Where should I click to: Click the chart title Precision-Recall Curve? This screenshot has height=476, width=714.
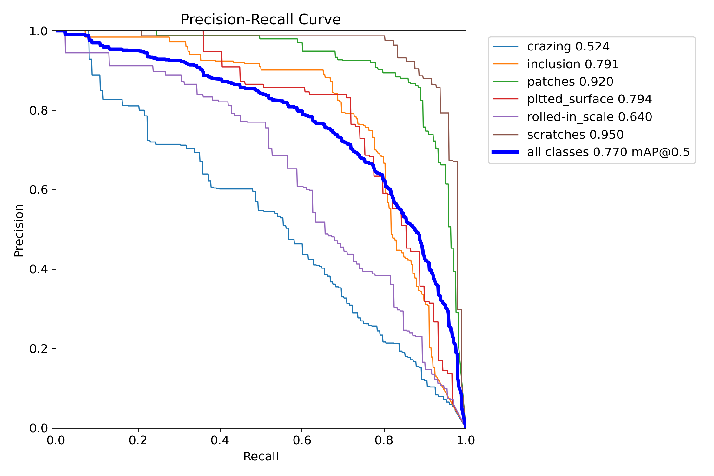point(261,20)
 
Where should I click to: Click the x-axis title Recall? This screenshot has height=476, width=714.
point(261,456)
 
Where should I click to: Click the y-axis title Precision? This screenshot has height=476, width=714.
point(19,230)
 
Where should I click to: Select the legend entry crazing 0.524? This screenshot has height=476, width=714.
point(568,47)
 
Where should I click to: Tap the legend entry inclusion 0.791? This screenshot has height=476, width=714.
point(573,64)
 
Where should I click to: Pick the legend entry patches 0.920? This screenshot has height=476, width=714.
point(570,82)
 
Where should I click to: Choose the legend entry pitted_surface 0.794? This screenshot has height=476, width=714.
point(589,99)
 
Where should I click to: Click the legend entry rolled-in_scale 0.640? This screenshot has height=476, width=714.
point(589,117)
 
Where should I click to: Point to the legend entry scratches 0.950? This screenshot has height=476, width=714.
point(575,135)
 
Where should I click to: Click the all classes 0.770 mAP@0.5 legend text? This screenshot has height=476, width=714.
point(608,152)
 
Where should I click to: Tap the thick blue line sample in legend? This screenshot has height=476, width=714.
point(505,152)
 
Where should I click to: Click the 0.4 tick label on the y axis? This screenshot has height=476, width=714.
point(38,269)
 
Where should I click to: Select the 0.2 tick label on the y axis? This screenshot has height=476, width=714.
point(38,349)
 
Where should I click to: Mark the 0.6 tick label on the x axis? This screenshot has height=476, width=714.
point(302,440)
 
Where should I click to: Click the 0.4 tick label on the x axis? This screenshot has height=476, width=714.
point(220,440)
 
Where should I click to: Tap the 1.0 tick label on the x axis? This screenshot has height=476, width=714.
point(466,440)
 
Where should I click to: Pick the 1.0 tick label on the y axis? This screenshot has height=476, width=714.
point(38,31)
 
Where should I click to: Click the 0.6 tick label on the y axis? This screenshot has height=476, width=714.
point(38,190)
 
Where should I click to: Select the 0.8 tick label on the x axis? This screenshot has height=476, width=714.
point(384,440)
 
